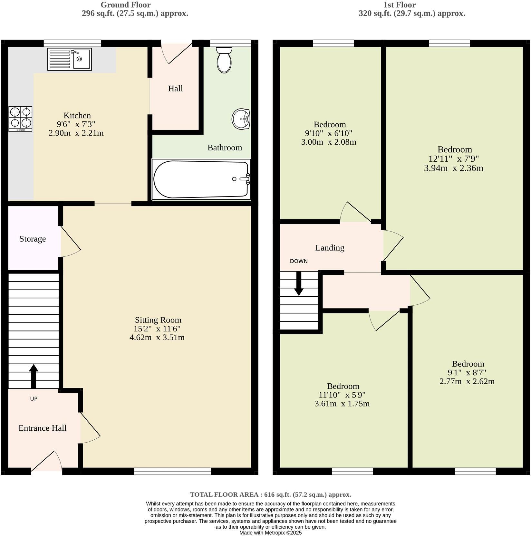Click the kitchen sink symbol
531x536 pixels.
coord(70,59)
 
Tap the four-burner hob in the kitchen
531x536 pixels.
coord(20,119)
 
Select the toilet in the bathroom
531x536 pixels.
coord(224,60)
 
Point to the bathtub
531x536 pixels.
coord(201,179)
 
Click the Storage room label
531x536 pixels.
coord(33,239)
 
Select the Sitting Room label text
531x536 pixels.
coord(158,320)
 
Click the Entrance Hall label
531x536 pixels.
coord(42,428)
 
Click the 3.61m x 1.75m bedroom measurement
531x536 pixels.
coord(342,404)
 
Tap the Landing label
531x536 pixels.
coord(330,248)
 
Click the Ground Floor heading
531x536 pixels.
coord(126,5)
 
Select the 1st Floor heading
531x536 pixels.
coord(400,5)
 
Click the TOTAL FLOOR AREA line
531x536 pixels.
coord(270,494)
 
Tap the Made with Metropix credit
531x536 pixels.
coord(270,533)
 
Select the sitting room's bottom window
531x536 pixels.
coord(172,472)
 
